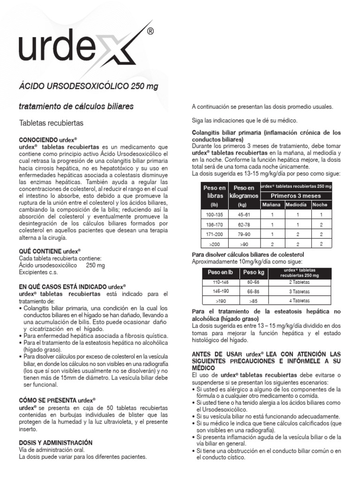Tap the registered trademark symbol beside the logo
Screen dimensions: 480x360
(150, 32)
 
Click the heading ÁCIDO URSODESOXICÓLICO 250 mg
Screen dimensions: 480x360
(89, 88)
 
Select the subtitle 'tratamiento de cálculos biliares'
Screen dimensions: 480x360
(76, 106)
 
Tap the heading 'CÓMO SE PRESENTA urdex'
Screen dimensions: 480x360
(57, 400)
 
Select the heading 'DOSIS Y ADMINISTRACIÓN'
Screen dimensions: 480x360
(55, 442)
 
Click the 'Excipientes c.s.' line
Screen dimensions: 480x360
(39, 272)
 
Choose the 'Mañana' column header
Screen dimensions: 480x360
(271, 205)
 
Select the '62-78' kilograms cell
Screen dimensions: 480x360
(244, 224)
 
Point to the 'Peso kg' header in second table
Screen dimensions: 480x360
(254, 272)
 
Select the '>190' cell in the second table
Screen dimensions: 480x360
(220, 300)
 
